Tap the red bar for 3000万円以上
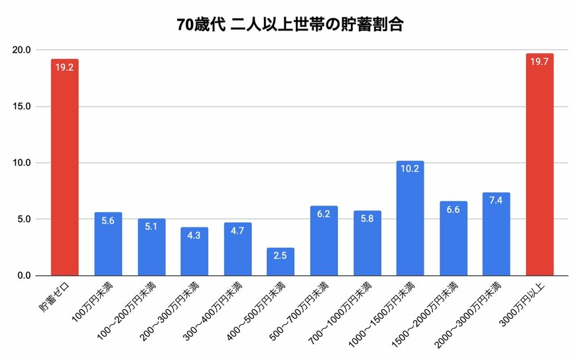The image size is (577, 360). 539,166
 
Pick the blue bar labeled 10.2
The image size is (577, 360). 410,219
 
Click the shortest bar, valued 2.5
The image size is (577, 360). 280,263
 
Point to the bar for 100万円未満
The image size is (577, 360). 108,245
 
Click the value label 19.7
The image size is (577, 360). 539,62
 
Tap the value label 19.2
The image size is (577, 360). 64,68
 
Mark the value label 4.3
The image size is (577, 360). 194,236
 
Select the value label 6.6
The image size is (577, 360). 453,210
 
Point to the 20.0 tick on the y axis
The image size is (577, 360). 21,50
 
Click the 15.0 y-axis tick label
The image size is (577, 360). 21,107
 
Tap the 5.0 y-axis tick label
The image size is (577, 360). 24,219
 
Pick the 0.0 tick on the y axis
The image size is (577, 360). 24,276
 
